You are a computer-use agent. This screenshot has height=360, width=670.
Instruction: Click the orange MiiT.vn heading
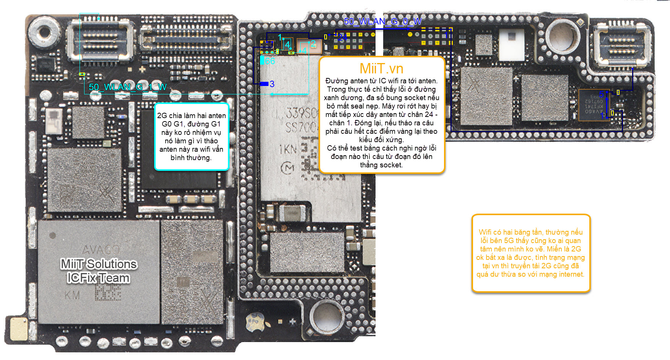pyautogui.click(x=381, y=69)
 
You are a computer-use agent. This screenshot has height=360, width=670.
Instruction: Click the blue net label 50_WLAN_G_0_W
pyautogui.click(x=382, y=21)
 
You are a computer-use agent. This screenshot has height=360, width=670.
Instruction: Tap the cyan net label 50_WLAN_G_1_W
pyautogui.click(x=127, y=87)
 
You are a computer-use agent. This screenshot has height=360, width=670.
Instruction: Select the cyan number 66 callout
pyautogui.click(x=270, y=61)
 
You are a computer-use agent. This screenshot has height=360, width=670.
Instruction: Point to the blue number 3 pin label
pyautogui.click(x=272, y=84)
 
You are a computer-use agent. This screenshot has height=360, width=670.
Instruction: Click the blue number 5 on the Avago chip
pyautogui.click(x=601, y=94)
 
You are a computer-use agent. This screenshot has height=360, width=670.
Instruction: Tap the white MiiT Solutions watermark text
pyautogui.click(x=99, y=264)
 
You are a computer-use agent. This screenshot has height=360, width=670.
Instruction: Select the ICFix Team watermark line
pyautogui.click(x=98, y=278)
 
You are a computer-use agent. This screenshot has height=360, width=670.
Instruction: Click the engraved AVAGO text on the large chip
pyautogui.click(x=101, y=250)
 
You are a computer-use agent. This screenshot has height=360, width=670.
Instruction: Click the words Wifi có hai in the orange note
pyautogui.click(x=496, y=232)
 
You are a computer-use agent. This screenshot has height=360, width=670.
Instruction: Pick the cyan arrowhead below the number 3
pyautogui.click(x=272, y=94)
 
